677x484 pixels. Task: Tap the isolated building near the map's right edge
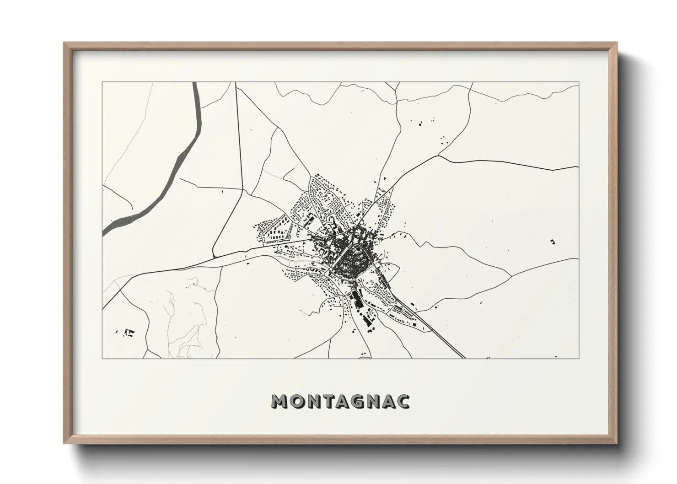[552, 242]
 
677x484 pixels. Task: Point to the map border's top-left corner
[102, 82]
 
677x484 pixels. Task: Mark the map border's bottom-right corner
[579, 358]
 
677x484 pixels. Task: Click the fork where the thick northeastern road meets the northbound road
[392, 188]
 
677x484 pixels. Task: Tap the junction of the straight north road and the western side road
[242, 189]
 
